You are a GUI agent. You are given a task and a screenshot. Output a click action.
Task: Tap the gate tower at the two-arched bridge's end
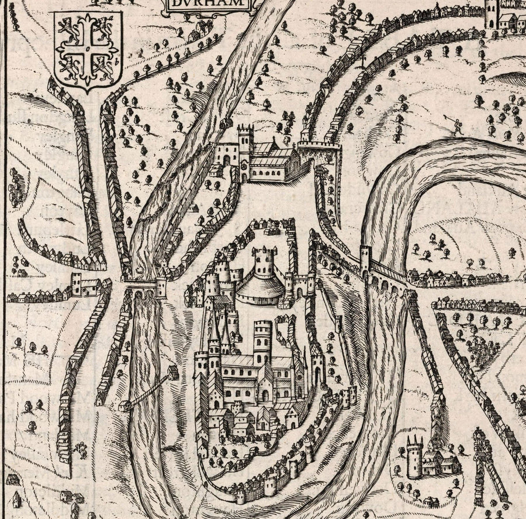tap(161, 287)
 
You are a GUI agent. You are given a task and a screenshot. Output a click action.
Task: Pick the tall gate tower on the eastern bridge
tap(365, 260)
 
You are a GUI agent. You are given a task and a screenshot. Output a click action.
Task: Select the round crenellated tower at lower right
tap(414, 458)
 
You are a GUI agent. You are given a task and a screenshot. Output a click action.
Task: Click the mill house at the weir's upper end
tap(173, 372)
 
